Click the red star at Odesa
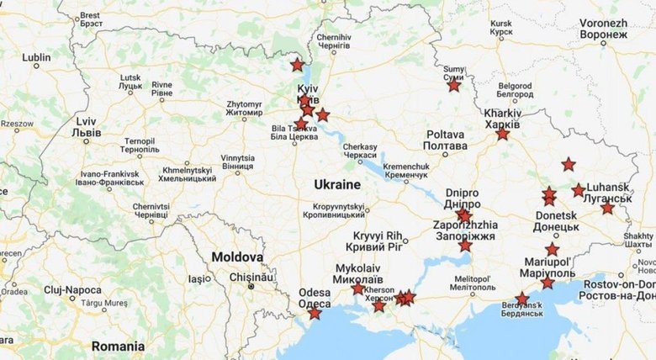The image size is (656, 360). coord(314,314)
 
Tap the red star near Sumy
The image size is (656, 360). coord(454,85)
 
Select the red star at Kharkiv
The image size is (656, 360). coord(502,134)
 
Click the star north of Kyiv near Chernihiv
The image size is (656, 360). coord(297,65)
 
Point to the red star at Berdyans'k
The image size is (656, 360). coord(522,299)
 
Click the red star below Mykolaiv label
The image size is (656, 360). coord(357,289)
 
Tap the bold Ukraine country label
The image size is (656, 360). coord(336,184)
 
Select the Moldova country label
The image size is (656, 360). coord(236,257)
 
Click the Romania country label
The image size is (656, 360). coord(119,346)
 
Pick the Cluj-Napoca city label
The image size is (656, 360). coord(73,289)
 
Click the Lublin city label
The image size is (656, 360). coord(36,58)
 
